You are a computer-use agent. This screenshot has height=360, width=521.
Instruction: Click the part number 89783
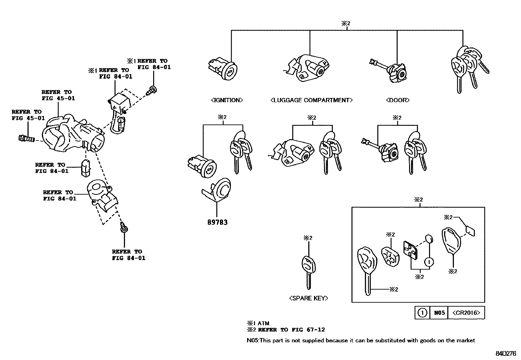point(217,222)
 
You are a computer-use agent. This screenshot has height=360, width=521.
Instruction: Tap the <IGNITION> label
point(227,100)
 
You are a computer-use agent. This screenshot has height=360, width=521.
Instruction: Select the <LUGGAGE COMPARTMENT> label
point(312,100)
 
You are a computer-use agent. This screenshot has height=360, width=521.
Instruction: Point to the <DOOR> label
point(398,100)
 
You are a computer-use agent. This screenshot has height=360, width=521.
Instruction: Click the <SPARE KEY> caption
point(308,298)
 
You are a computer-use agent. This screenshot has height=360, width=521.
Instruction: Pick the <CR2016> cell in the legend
point(466,313)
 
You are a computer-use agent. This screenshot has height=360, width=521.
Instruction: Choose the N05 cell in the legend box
point(439,313)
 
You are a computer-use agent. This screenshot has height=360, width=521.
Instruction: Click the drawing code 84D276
point(505,354)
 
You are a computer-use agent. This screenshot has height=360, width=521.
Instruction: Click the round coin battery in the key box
point(429,238)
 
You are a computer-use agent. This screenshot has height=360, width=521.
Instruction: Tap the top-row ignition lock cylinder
point(224,69)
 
